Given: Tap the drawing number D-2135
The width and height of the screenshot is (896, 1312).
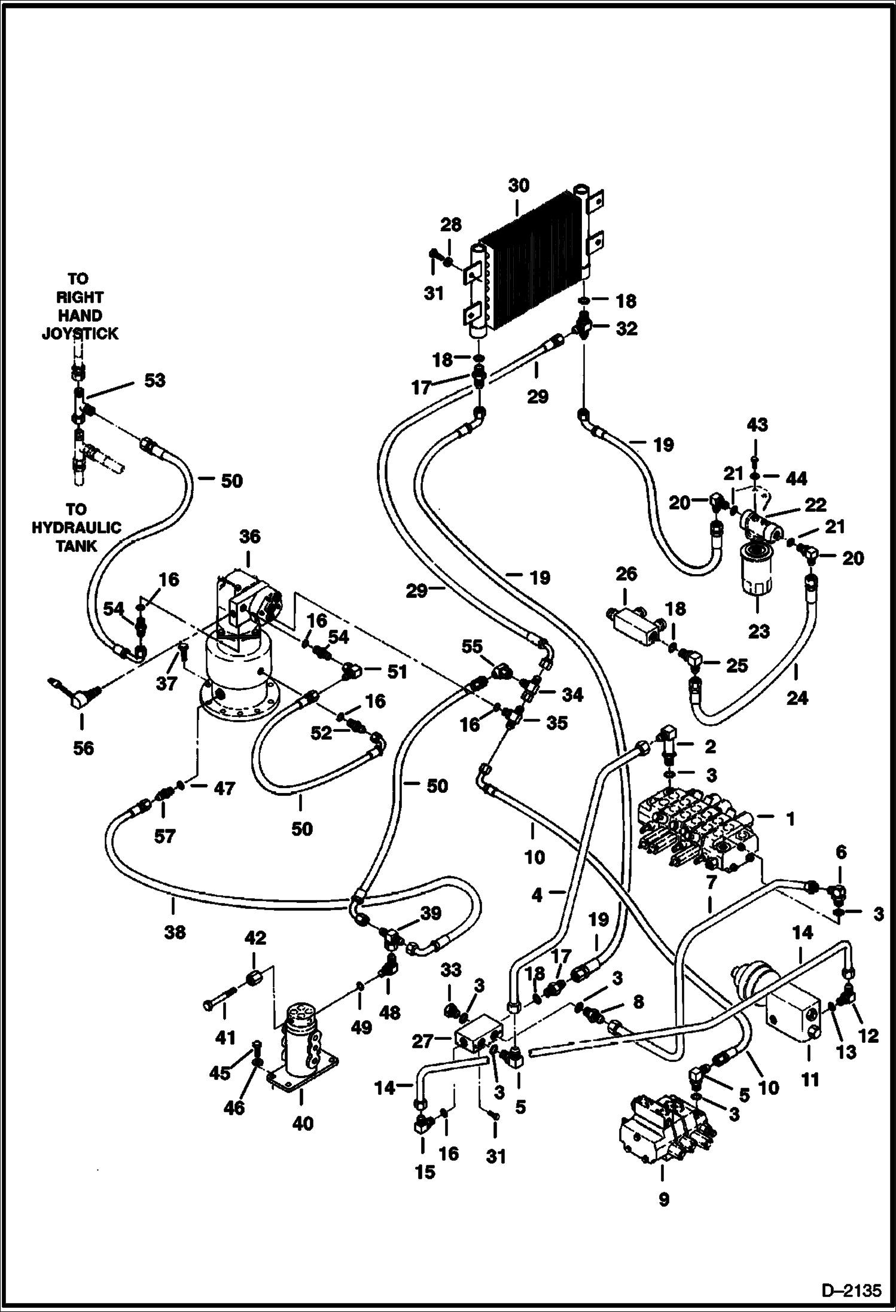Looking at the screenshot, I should tap(853, 1290).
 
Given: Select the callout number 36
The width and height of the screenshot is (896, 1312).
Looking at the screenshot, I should tap(249, 537).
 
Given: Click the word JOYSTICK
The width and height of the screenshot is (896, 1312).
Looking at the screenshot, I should tap(80, 334).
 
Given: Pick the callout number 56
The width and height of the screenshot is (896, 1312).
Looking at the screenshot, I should tap(84, 747).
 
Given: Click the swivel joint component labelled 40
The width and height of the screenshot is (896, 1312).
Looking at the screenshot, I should tap(304, 1050).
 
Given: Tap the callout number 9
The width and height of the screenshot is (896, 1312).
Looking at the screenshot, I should tap(663, 1200).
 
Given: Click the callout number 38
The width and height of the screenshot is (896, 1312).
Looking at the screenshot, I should tap(175, 932).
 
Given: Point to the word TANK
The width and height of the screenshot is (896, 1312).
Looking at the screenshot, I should tap(76, 546).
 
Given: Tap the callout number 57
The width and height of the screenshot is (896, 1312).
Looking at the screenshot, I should tap(164, 836).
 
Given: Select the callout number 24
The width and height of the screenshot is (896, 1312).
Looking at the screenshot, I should tap(797, 697).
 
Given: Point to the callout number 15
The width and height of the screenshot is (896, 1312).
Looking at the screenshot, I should tap(425, 1172).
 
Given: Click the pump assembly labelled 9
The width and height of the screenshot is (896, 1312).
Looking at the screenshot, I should tap(661, 1130).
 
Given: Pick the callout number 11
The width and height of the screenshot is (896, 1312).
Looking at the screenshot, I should tap(810, 1080).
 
